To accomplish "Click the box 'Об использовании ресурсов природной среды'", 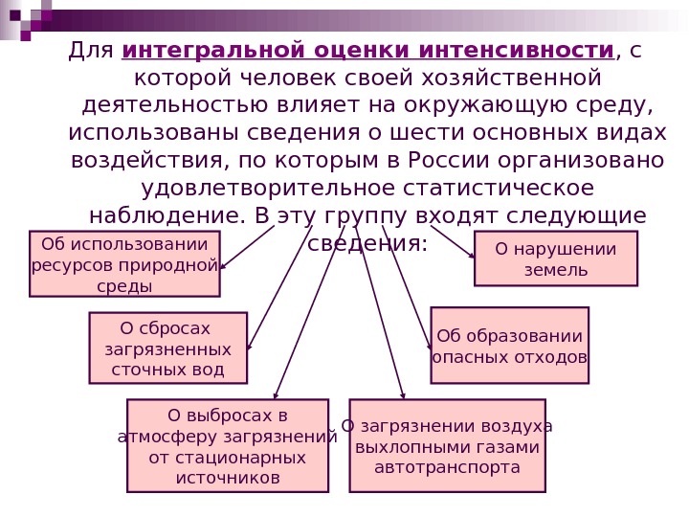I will pos(124,263).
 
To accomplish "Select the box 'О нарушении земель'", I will pos(555,258).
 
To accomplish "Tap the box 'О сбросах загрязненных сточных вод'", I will pos(167,348).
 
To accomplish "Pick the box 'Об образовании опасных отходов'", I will pos(509,346).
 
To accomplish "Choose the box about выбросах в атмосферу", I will pos(227,445).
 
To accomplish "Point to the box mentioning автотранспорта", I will pos(447,445).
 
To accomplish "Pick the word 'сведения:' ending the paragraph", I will pos(367,243).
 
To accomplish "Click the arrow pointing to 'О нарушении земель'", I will pos(453,242).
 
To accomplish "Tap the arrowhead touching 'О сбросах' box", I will pos(249,347).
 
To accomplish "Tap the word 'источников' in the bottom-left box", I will pos(227,477).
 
